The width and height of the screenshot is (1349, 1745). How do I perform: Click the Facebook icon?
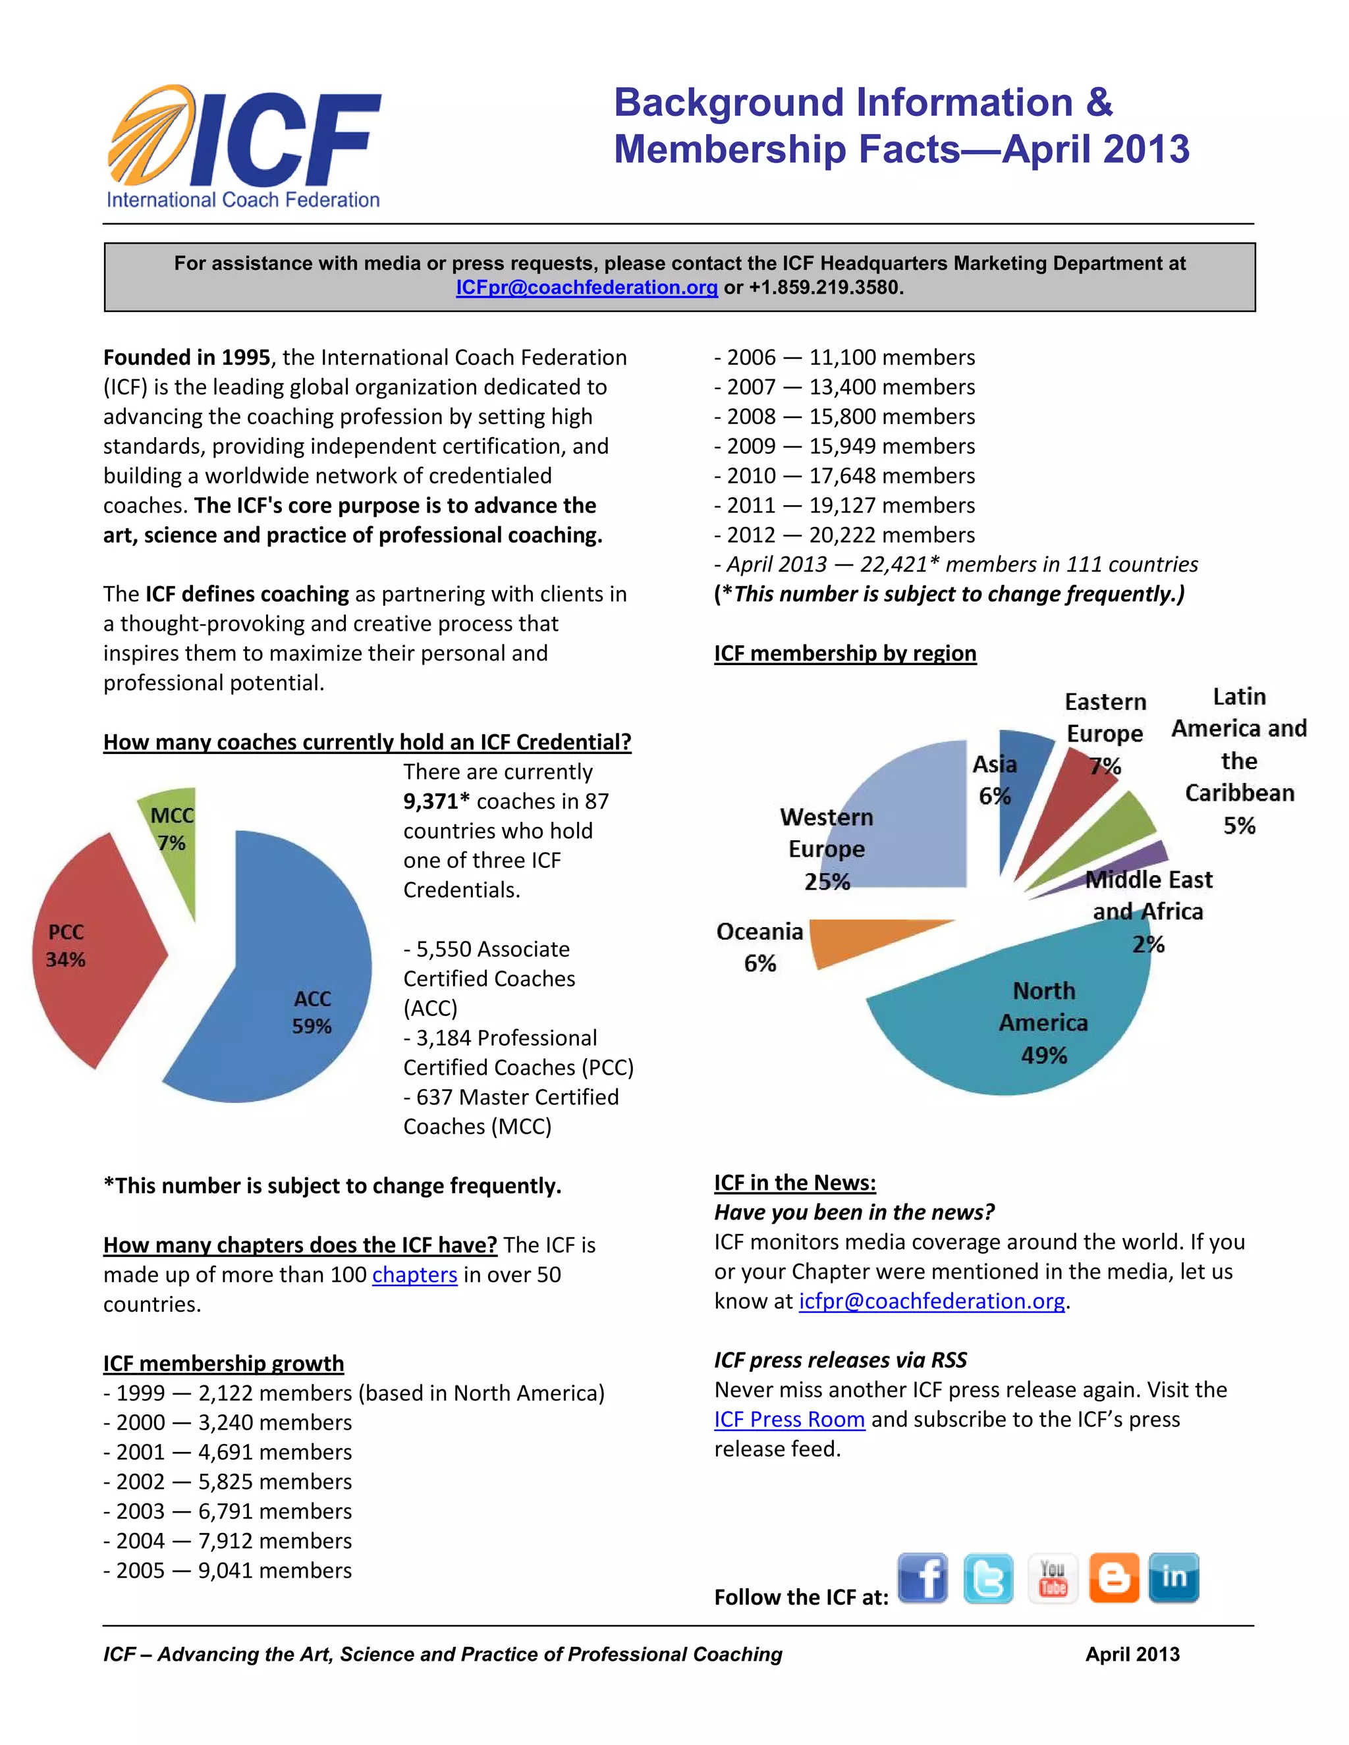click(922, 1577)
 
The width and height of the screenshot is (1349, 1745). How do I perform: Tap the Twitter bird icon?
click(988, 1578)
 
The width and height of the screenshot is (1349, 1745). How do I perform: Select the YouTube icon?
click(1053, 1578)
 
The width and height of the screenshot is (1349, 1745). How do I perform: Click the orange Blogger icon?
click(1113, 1578)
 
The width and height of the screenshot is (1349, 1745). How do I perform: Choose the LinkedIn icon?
click(1173, 1577)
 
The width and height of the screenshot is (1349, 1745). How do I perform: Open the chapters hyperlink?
click(414, 1274)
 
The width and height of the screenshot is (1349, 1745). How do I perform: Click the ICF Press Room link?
click(788, 1420)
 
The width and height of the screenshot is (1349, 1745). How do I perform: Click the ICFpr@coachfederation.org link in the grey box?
click(587, 288)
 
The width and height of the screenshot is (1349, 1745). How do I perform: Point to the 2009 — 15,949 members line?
click(844, 446)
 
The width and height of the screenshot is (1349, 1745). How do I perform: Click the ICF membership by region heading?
click(844, 654)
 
